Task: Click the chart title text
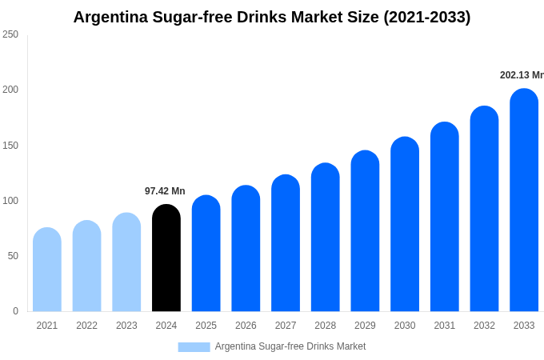[x=272, y=17]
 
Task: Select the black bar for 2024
[x=166, y=260]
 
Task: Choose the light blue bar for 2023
[x=126, y=263]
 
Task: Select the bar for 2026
[x=246, y=250]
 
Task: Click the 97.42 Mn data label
[x=165, y=191]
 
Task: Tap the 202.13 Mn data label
[x=522, y=75]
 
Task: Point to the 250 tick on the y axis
[x=10, y=34]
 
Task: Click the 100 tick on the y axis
[x=10, y=201]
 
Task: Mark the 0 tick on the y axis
[x=15, y=311]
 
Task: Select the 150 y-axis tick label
[x=10, y=146]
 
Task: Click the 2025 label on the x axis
[x=206, y=326]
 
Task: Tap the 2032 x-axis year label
[x=484, y=326]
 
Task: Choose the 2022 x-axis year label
[x=86, y=326]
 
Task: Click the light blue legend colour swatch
[x=194, y=347]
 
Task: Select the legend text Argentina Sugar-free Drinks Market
[x=290, y=346]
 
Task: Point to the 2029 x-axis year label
[x=365, y=326]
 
